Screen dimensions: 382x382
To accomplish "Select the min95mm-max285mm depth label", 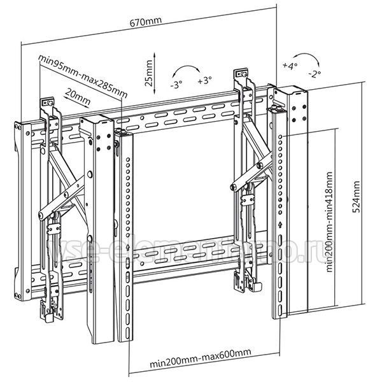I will click(x=81, y=75).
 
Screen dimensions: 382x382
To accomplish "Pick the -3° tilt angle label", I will click(x=176, y=83).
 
